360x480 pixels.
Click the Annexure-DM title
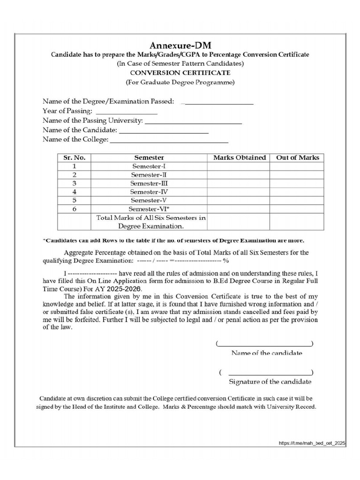click(180, 45)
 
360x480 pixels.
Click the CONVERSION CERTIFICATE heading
click(180, 73)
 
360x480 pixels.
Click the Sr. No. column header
click(74, 157)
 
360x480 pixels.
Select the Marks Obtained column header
click(239, 157)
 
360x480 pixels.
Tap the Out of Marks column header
click(297, 157)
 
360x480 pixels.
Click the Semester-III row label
click(149, 183)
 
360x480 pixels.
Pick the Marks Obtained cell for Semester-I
click(239, 166)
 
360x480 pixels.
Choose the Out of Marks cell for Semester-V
click(297, 200)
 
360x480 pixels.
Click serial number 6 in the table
click(74, 209)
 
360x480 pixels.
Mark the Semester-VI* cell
click(149, 209)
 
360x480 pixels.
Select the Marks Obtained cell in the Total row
click(239, 222)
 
